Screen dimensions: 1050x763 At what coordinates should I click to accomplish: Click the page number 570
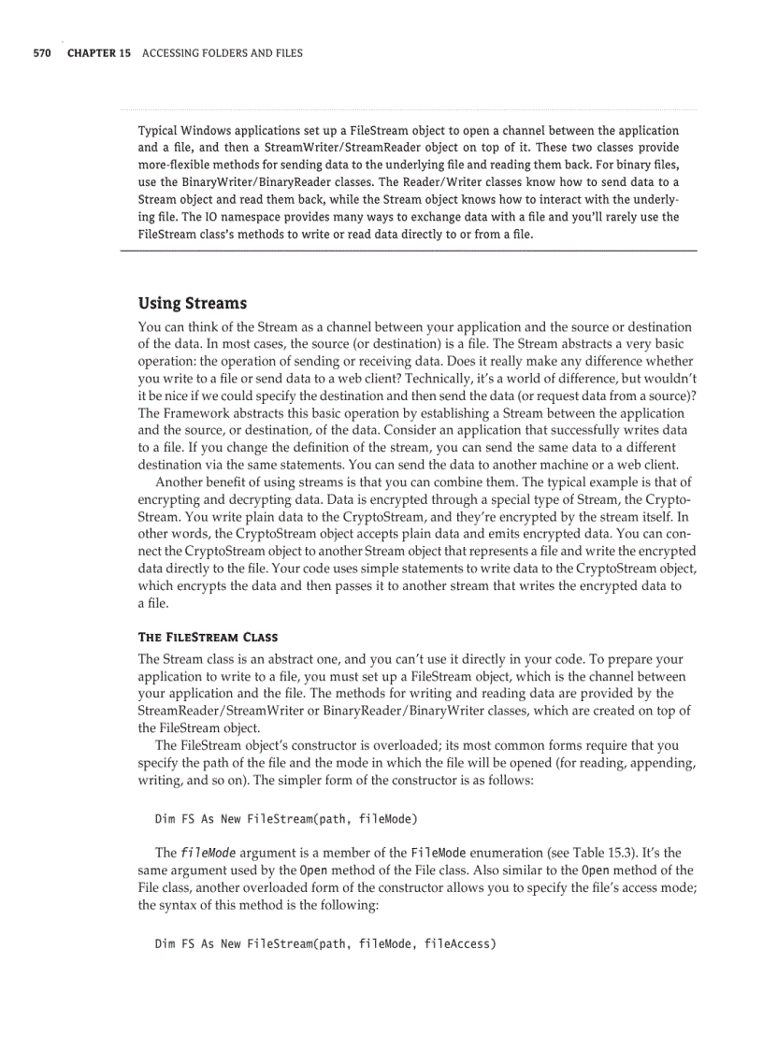pos(41,53)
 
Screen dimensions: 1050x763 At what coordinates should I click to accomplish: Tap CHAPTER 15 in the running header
pos(99,53)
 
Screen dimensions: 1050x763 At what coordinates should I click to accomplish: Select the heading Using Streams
pos(193,303)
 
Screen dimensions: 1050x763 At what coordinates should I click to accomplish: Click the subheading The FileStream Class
pos(208,638)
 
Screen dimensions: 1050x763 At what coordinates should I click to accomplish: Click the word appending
pos(659,762)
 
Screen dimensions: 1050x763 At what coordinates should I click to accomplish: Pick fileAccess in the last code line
pos(458,943)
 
